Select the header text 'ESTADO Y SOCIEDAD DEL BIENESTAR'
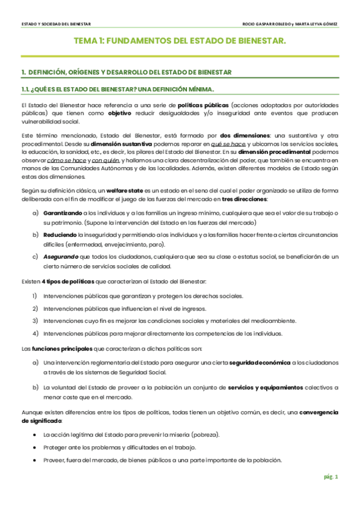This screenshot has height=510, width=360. pos(56,24)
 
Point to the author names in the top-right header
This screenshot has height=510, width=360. pos(289,24)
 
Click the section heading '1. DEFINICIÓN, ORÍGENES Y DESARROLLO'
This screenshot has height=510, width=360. pos(126,73)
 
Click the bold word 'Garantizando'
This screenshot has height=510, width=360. pos(63,214)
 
